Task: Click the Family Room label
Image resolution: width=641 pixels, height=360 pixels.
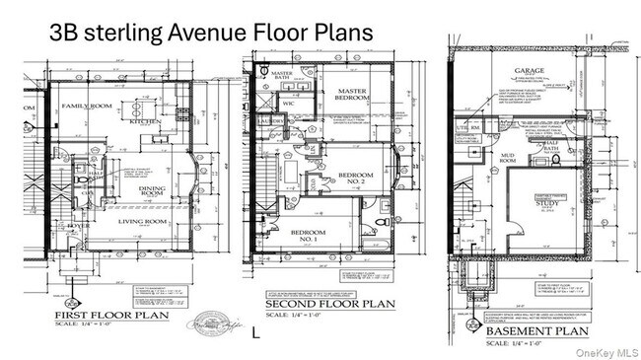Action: (x=86, y=106)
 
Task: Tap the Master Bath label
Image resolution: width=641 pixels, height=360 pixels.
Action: (x=282, y=77)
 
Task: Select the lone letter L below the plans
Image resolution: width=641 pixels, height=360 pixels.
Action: (x=256, y=333)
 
